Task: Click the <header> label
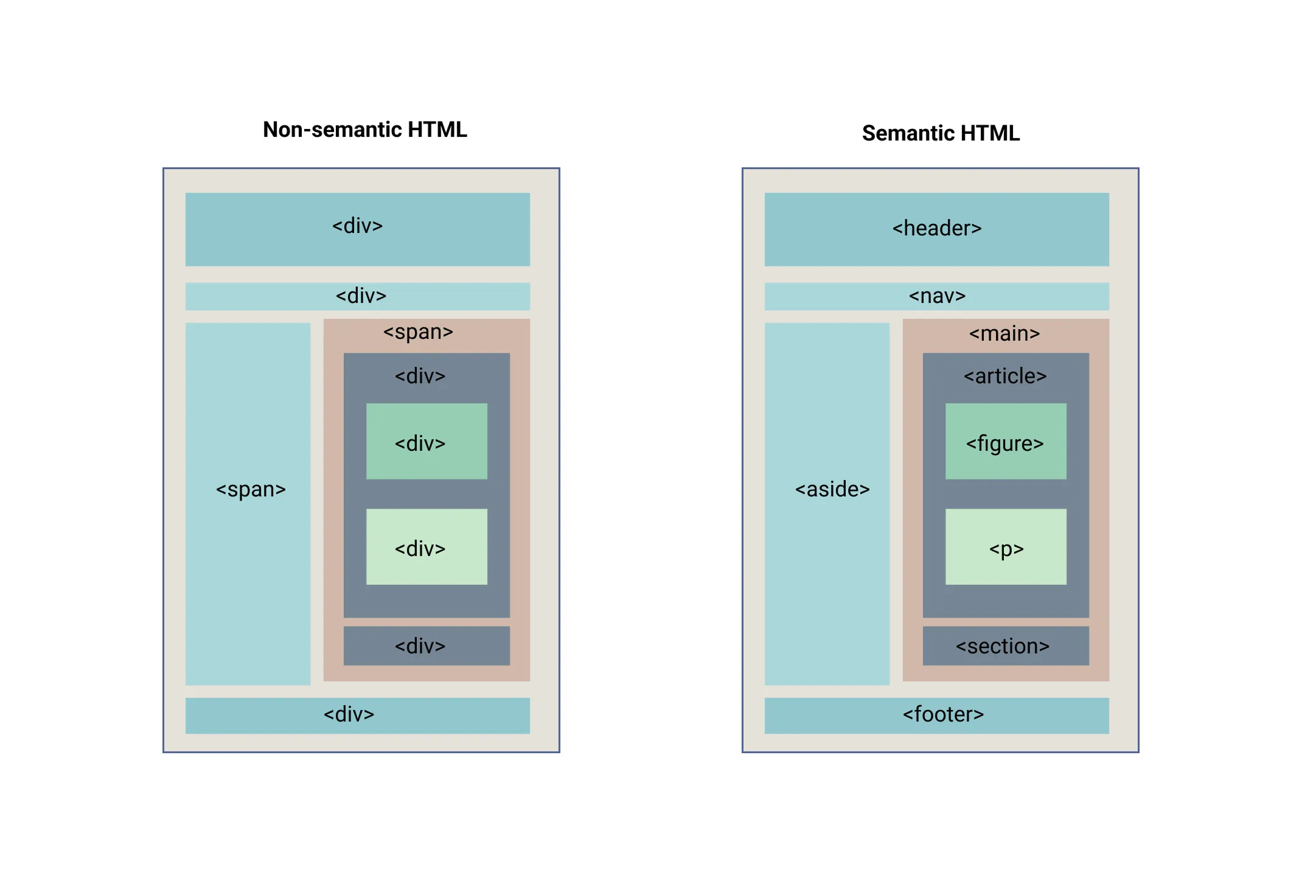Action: point(936,228)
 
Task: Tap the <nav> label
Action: point(936,296)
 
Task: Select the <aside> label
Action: point(832,489)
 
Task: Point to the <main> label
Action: point(1004,333)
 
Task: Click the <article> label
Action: point(1004,376)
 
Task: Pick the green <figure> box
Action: point(1005,442)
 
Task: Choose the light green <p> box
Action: point(1005,547)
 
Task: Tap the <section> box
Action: point(1005,646)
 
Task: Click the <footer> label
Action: point(942,714)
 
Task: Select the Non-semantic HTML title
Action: point(364,130)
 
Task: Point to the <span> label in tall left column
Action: point(251,489)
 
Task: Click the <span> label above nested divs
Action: point(418,332)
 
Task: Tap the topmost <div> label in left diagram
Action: point(357,226)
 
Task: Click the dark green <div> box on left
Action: point(426,442)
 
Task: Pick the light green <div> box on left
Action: point(426,547)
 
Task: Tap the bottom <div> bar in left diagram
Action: point(357,714)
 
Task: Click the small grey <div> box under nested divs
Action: point(426,646)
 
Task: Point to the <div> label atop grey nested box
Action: point(420,376)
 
